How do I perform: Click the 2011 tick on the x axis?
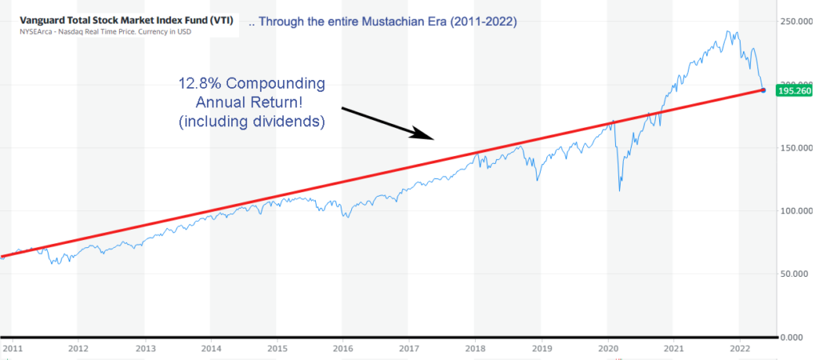(11, 349)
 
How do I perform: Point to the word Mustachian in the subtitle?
(384, 22)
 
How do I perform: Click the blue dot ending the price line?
(763, 90)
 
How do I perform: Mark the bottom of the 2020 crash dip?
(620, 190)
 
